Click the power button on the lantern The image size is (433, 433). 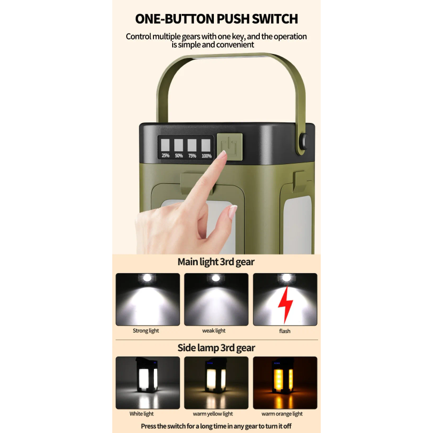coord(230,146)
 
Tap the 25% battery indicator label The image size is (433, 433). coord(165,156)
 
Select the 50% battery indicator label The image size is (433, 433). coord(179,156)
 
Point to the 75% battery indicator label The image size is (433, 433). coord(192,156)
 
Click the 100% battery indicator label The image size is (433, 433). coord(206,156)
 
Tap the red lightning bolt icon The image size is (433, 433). coord(285,304)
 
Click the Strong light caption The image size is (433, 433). coord(146,330)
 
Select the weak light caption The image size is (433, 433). coord(214,330)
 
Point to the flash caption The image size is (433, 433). coord(285,331)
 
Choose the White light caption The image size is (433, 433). coord(141,414)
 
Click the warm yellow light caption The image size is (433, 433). coord(213,414)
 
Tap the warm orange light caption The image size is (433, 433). coord(282,414)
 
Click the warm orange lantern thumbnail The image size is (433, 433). coord(285,383)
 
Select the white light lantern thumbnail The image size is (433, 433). coord(148,383)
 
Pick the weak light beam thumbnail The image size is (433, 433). coord(216,299)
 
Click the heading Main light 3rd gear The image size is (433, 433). coord(216,262)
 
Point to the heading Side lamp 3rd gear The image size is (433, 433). coord(216,347)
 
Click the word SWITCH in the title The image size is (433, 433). coord(275,19)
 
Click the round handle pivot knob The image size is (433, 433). coord(304,138)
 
